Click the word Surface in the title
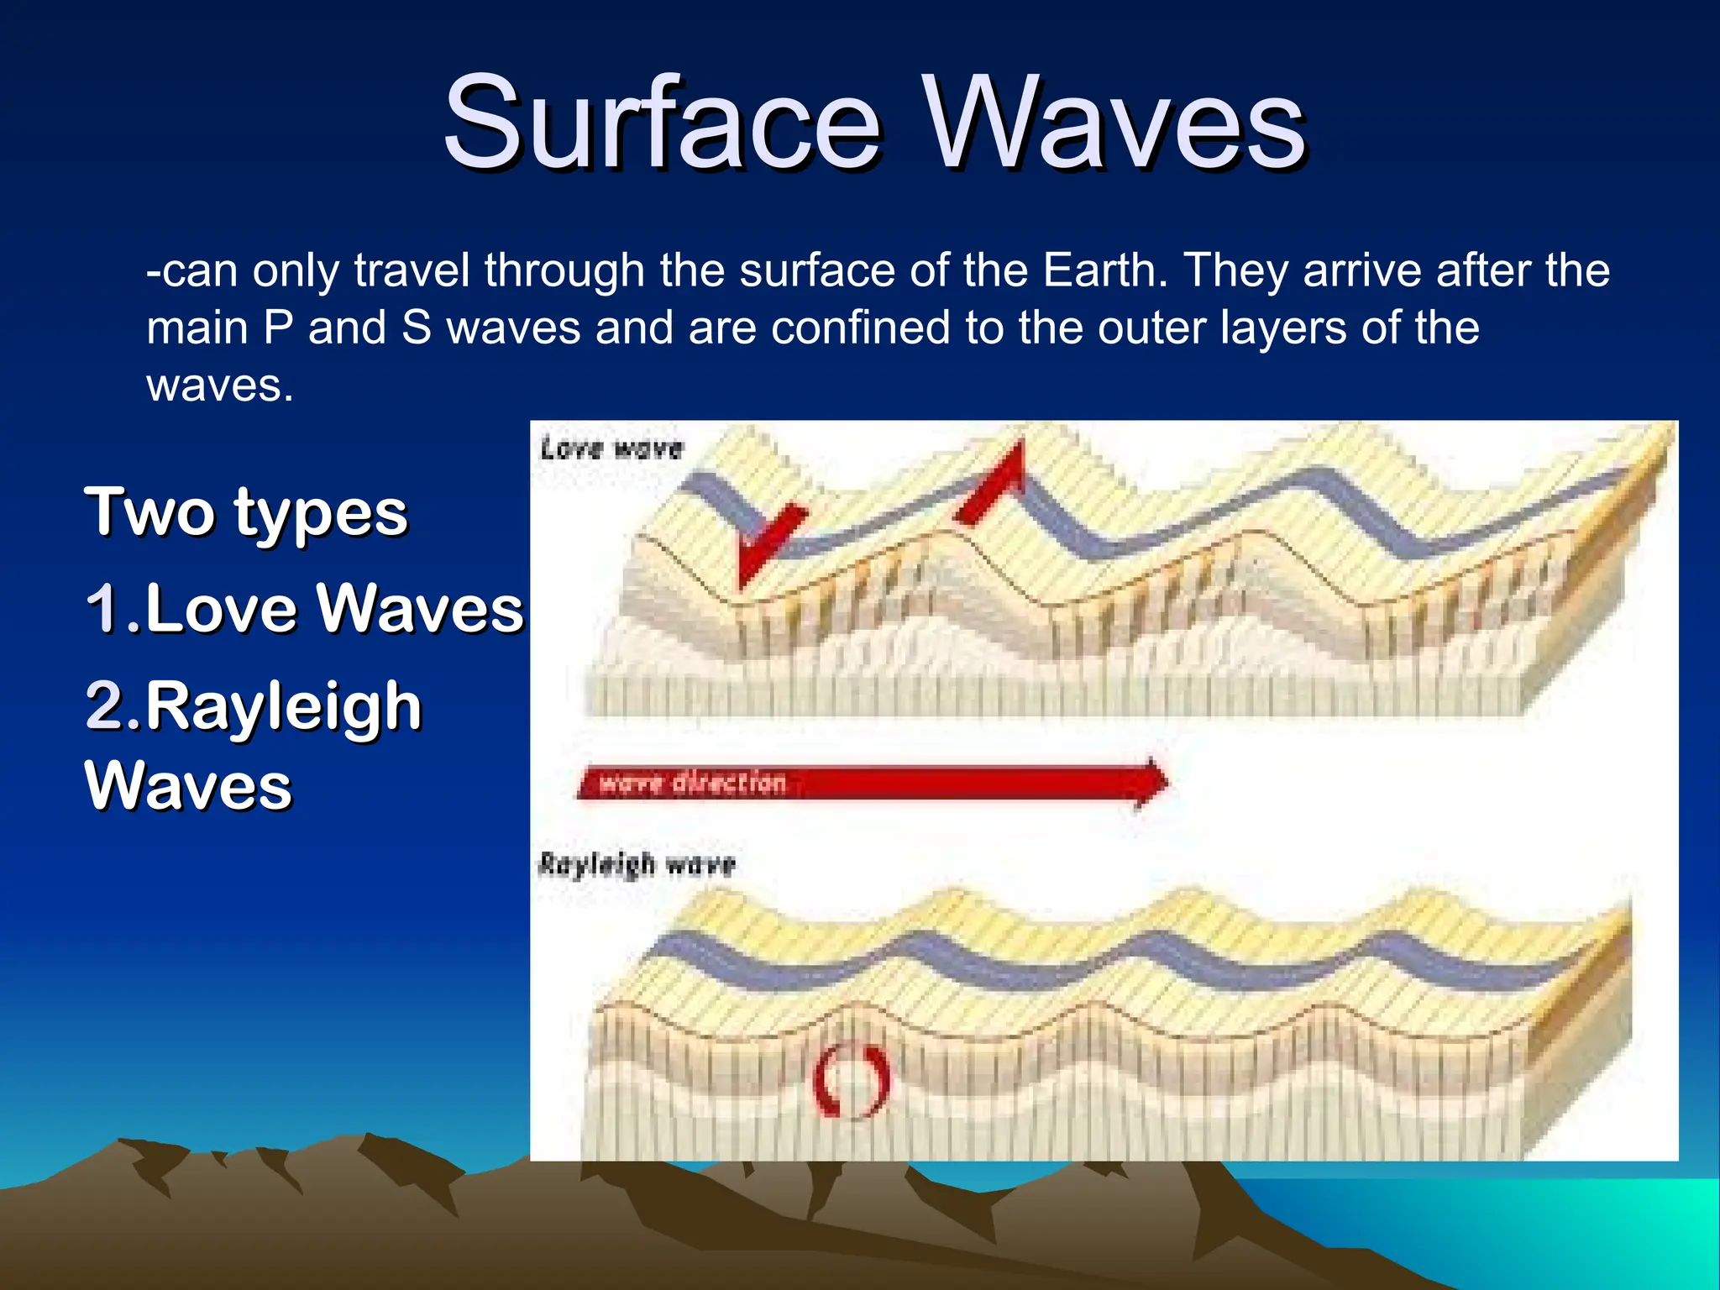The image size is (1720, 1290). (x=663, y=123)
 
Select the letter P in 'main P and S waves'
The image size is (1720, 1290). (x=278, y=328)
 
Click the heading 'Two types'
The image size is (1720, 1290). (x=245, y=511)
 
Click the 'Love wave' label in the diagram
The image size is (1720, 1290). (x=611, y=448)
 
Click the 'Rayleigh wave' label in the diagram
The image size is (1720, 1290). (x=637, y=864)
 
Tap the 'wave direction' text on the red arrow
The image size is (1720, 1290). (x=693, y=784)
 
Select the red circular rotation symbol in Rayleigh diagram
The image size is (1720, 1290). (x=851, y=1081)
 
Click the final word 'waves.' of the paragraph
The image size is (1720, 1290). (x=220, y=386)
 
